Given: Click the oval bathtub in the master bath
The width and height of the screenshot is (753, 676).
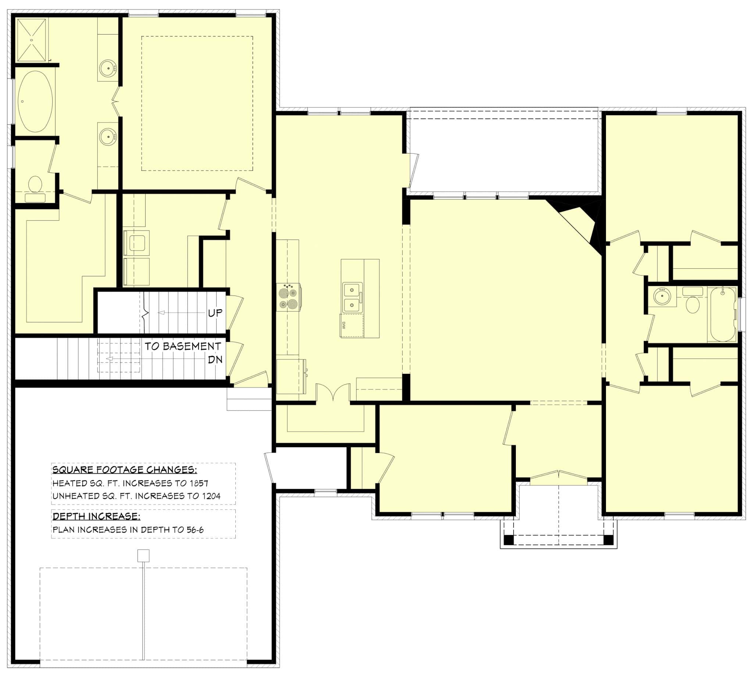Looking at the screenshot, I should (35, 101).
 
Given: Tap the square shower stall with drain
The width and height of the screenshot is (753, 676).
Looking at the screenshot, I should (32, 40).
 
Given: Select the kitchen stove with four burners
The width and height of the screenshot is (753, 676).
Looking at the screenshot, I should (288, 297).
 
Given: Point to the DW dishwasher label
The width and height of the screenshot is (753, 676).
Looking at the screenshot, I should (344, 325).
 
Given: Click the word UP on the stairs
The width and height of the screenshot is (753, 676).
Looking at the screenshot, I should (215, 313).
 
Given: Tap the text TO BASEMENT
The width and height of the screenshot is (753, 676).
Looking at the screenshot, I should (182, 346).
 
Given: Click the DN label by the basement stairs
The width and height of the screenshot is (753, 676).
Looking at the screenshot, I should (215, 360).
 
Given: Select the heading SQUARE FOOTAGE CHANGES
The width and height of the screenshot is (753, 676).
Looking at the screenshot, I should (124, 470).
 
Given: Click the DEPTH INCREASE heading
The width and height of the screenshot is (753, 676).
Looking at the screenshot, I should (96, 516).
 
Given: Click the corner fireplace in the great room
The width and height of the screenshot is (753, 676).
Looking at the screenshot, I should (581, 221).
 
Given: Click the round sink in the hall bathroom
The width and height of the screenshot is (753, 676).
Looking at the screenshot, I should (662, 296).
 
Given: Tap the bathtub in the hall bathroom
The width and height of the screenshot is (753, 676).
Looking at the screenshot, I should (722, 314).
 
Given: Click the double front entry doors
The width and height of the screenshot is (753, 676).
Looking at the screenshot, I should (558, 477).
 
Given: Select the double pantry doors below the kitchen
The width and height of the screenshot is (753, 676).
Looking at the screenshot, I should (333, 393).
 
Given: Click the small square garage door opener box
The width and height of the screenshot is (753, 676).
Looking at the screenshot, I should (143, 556).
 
